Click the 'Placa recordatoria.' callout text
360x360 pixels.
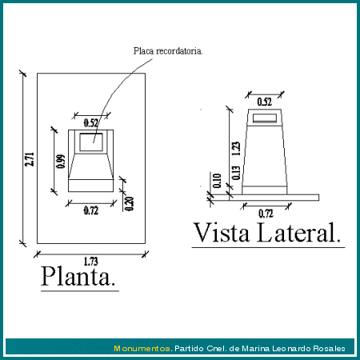pos(168,51)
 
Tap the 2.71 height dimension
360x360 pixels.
pos(30,159)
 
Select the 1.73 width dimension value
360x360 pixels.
pos(91,262)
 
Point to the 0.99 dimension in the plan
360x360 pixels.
pos(61,162)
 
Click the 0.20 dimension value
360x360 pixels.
pos(129,204)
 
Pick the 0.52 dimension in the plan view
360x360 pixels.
pos(91,123)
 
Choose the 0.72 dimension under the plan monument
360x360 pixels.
pos(91,210)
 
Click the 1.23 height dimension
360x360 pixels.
pos(236,149)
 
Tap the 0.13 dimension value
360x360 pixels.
pos(236,173)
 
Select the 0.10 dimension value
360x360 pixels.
pos(218,181)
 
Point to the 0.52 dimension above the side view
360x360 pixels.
pos(265,102)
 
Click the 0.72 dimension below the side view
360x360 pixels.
pos(266,214)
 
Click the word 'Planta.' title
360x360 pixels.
pos(78,276)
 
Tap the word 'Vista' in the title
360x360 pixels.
pos(222,233)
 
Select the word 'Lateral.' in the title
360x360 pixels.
pos(299,233)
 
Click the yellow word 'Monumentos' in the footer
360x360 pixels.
pos(142,349)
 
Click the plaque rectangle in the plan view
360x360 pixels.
pos(91,142)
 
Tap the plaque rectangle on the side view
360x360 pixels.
pos(265,118)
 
